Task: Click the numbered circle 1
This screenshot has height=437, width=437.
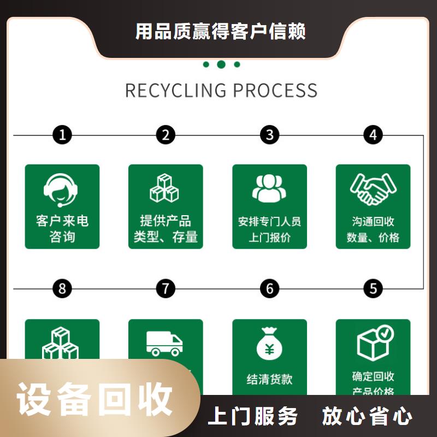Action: click(x=62, y=135)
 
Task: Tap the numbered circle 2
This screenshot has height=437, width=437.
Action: click(x=166, y=135)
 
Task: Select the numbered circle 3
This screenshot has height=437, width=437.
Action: click(x=269, y=135)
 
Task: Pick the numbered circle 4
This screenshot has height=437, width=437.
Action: click(x=373, y=135)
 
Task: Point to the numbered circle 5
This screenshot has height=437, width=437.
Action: click(x=373, y=288)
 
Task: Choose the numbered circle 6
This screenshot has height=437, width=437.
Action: click(x=269, y=288)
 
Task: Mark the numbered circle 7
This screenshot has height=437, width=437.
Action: click(x=166, y=288)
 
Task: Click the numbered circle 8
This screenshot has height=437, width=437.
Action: click(x=62, y=288)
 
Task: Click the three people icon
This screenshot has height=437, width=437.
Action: click(x=269, y=188)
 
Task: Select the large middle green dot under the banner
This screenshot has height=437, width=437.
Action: click(x=221, y=64)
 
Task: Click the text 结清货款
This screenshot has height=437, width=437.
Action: click(x=269, y=379)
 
